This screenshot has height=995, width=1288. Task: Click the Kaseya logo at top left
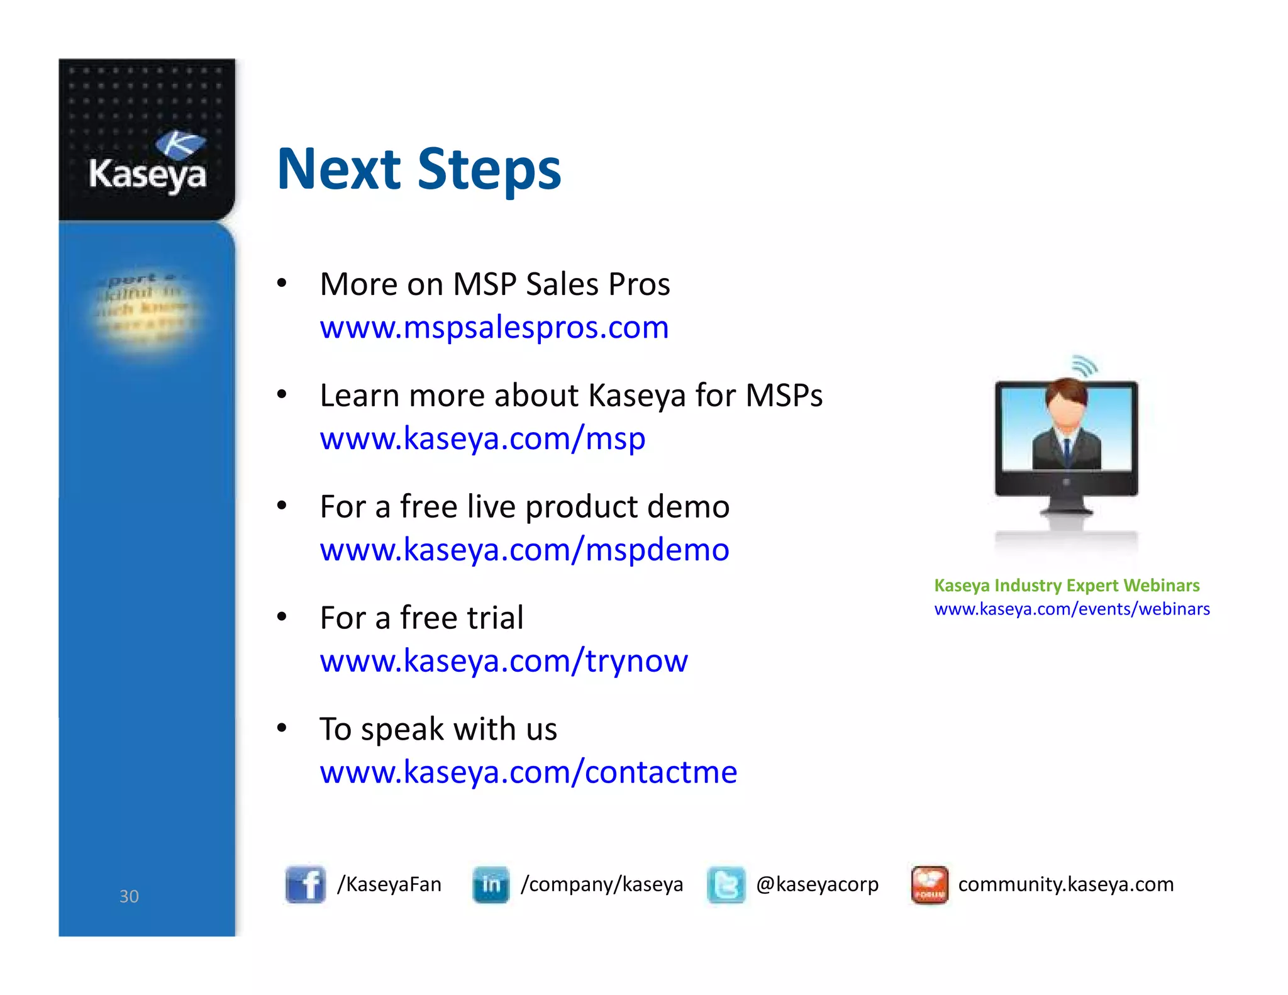click(x=148, y=162)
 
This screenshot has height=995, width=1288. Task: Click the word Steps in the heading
click(x=489, y=169)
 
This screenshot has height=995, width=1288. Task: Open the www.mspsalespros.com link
click(x=494, y=327)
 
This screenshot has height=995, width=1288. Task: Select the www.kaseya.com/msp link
click(x=482, y=438)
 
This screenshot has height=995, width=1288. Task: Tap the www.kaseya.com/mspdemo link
click(x=524, y=550)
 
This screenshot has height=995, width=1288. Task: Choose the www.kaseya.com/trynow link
click(x=503, y=660)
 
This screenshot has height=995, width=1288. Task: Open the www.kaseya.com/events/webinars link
click(x=1071, y=609)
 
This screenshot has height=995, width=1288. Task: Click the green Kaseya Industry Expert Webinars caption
click(x=1067, y=586)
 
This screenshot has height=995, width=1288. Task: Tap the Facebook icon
click(x=305, y=884)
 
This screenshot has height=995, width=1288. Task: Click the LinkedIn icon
click(x=491, y=884)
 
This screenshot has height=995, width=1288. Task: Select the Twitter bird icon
click(x=726, y=884)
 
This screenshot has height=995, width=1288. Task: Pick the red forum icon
click(x=929, y=884)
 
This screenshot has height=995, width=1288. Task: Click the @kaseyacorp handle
click(x=816, y=884)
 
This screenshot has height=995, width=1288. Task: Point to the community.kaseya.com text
click(x=1065, y=884)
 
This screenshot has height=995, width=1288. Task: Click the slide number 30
click(x=129, y=896)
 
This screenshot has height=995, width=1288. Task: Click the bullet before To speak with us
click(x=282, y=728)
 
